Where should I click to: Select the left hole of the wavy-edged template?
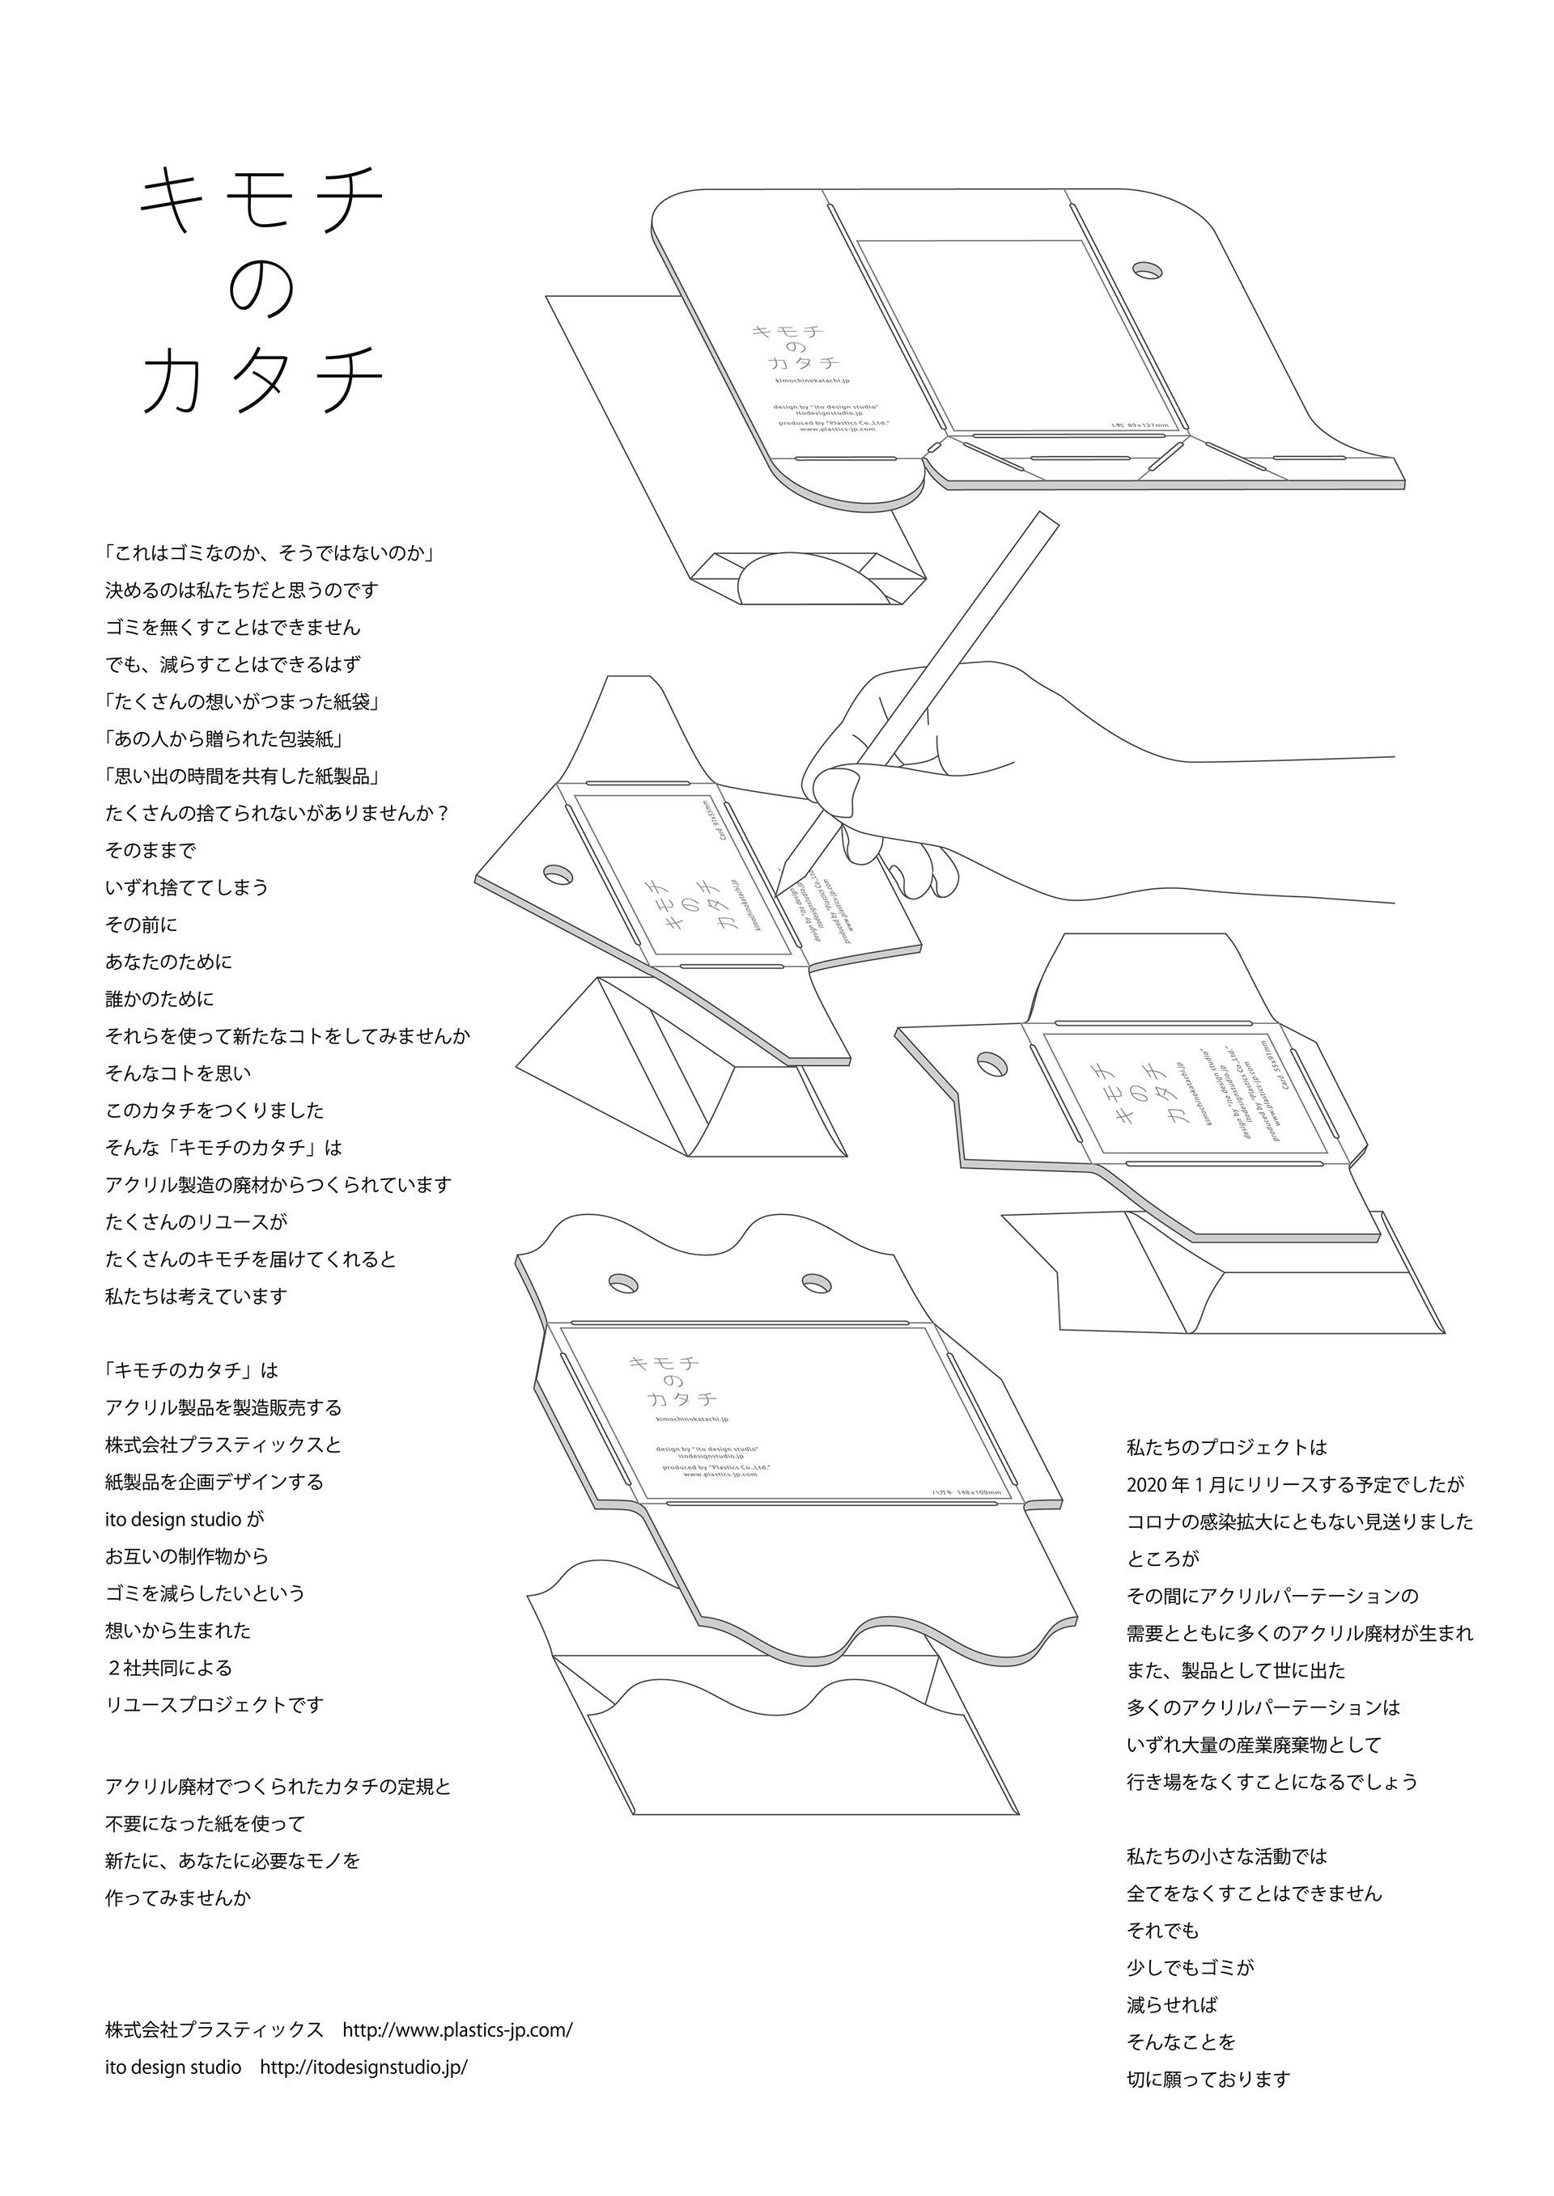621,1280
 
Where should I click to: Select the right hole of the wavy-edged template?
816,1280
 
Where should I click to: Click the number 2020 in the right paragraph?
1148,1484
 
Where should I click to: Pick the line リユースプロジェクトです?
214,1704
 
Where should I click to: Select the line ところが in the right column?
1162,1559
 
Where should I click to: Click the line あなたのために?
168,961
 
